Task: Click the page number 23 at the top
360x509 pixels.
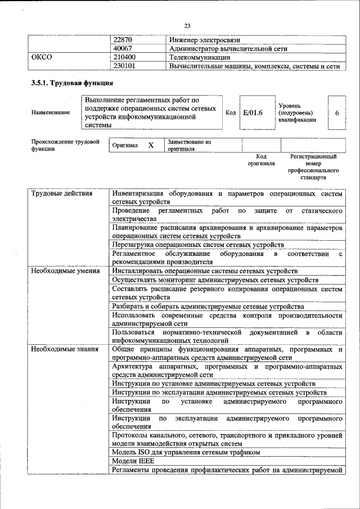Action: (187, 24)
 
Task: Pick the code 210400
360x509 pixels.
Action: (124, 57)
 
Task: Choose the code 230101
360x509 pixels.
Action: (124, 66)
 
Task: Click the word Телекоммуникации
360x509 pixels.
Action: (200, 57)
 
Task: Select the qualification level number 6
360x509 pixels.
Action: (336, 112)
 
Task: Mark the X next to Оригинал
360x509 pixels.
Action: (150, 145)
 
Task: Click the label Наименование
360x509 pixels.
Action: (51, 112)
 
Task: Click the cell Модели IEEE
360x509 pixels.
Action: (133, 461)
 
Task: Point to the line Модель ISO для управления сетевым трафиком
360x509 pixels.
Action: (186, 452)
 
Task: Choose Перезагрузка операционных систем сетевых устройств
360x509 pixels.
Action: (197, 245)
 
